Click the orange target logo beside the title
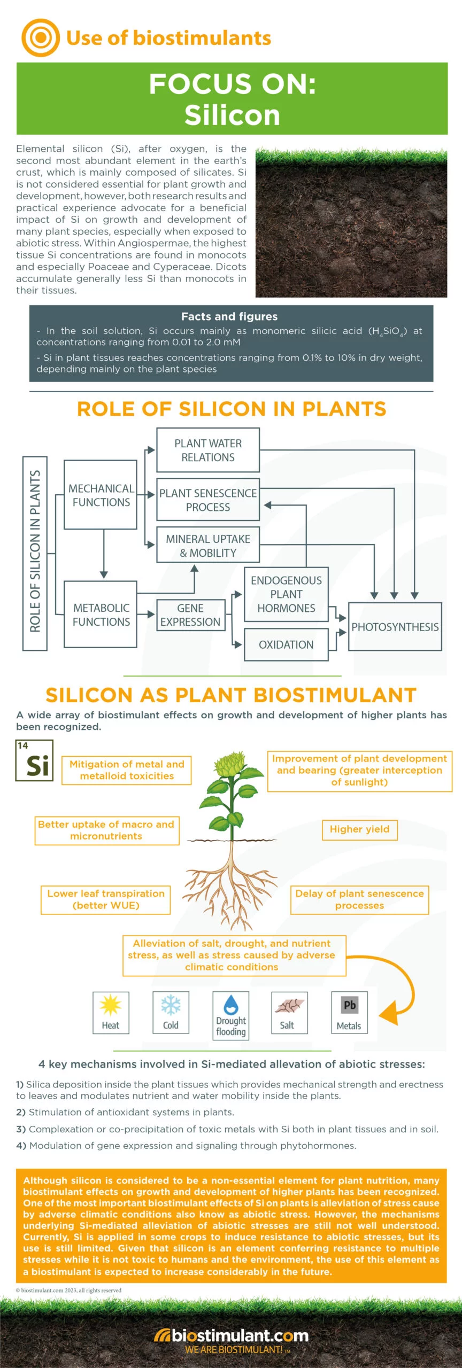(x=40, y=38)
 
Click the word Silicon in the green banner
(x=232, y=115)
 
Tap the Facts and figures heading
(x=229, y=316)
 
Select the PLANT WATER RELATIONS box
(x=207, y=450)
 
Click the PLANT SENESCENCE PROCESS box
(x=207, y=500)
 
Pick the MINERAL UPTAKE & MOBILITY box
(x=207, y=546)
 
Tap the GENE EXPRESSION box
(x=190, y=615)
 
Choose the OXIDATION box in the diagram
(x=286, y=645)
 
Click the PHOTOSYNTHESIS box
(x=395, y=627)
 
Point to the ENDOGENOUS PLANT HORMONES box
(x=286, y=594)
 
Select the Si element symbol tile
(x=35, y=761)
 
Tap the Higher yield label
(x=359, y=829)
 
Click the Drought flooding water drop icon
(x=231, y=1005)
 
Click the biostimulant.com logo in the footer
(x=231, y=1336)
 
